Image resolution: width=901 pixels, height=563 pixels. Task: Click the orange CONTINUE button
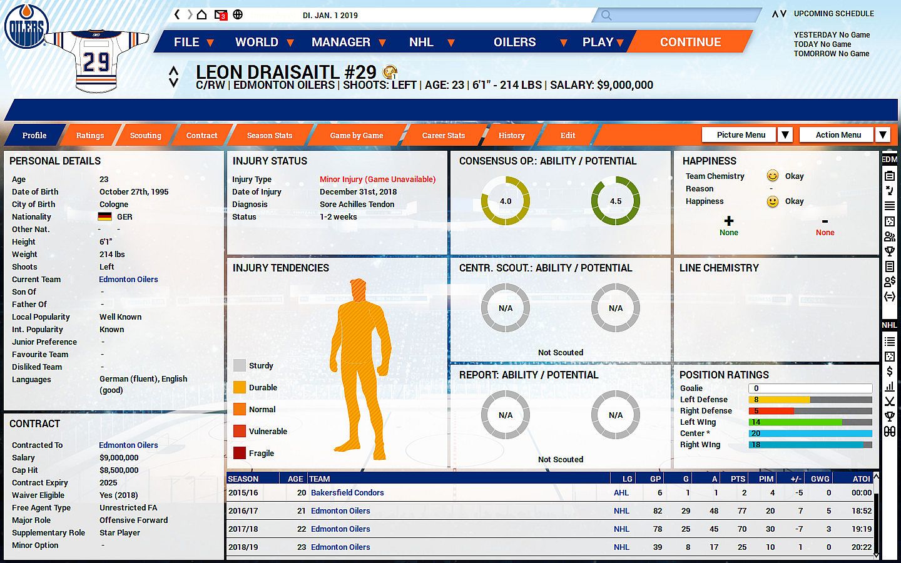click(690, 42)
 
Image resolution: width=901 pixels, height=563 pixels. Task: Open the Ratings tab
click(90, 135)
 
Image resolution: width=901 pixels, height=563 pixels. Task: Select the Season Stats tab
click(269, 135)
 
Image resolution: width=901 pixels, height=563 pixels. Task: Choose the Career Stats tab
click(443, 135)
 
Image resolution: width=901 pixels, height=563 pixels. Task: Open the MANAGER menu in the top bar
click(341, 42)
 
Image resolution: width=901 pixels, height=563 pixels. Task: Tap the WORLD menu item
click(257, 42)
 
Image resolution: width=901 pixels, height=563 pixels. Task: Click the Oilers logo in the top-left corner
click(26, 26)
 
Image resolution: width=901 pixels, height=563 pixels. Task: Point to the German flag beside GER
click(104, 216)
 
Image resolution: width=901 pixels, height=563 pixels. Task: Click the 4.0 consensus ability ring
click(506, 201)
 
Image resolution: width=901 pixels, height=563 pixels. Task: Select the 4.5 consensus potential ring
click(616, 201)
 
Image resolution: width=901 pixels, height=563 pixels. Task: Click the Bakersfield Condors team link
click(347, 492)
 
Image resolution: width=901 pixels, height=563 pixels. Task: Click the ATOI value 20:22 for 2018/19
click(861, 547)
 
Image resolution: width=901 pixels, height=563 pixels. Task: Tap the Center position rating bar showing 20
click(810, 433)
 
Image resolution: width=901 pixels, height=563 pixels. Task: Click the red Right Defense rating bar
click(771, 411)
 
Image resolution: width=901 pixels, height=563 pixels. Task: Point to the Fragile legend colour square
click(240, 453)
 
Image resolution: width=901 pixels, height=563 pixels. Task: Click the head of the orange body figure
click(358, 290)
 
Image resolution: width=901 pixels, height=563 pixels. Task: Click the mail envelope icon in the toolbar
click(220, 14)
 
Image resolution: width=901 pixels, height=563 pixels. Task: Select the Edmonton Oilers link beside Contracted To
click(128, 445)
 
